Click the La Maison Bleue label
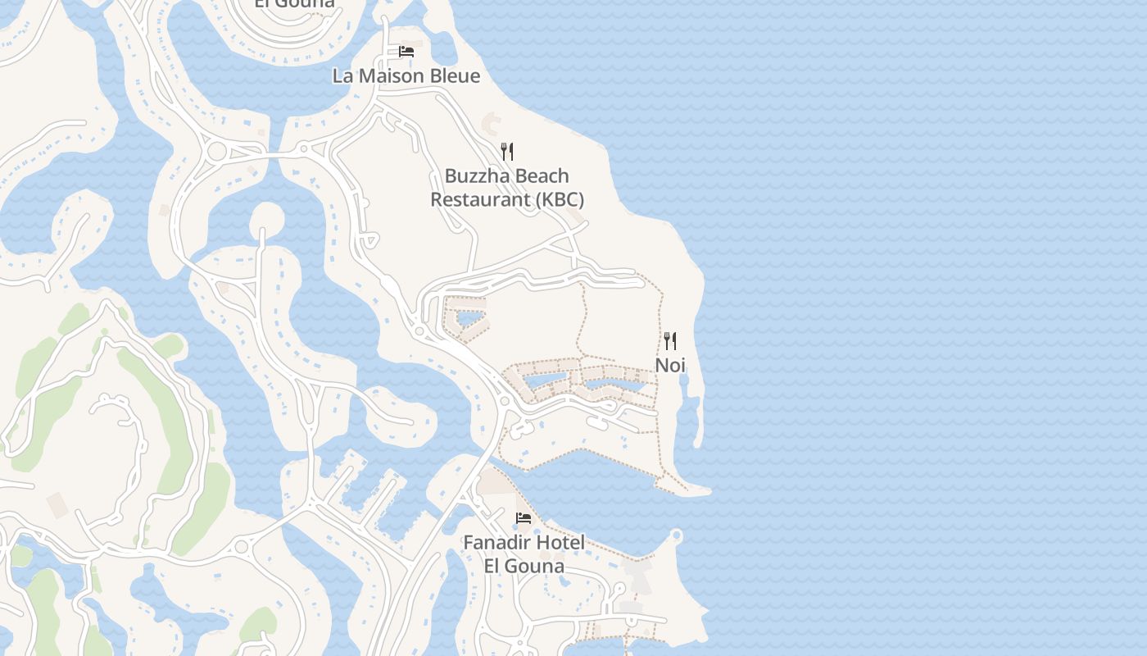coord(406,76)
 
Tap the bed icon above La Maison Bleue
coord(406,52)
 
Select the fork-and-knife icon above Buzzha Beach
coord(507,151)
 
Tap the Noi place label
coord(670,365)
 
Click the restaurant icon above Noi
coord(670,340)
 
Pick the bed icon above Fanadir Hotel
coord(523,518)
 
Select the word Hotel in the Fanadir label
coord(564,543)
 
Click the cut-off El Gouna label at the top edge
coord(294,3)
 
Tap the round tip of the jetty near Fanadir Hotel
coord(676,536)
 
